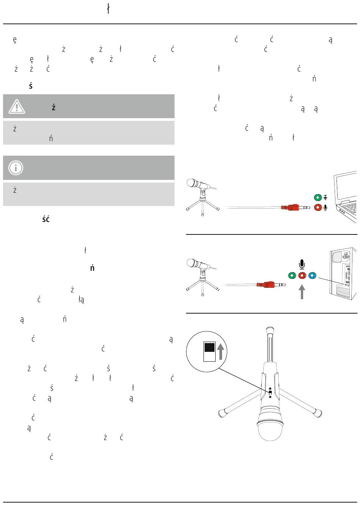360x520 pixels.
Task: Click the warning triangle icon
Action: click(17, 106)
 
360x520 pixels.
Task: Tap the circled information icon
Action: click(16, 167)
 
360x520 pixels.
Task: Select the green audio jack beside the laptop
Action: click(318, 198)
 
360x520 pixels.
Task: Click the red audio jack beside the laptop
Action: click(318, 208)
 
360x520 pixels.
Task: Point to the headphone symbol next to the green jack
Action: click(326, 198)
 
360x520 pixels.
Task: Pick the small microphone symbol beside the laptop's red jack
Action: click(326, 208)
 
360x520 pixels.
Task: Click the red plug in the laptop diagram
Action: click(293, 208)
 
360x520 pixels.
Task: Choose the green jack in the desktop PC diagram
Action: click(292, 275)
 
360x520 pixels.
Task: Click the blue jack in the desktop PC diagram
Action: click(311, 275)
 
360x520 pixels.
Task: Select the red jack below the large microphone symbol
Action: click(302, 275)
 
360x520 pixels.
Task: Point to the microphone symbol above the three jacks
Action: click(302, 264)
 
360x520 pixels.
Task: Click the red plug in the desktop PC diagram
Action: click(268, 284)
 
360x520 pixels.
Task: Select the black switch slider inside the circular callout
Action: click(210, 347)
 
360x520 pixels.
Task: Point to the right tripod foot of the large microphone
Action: click(318, 413)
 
